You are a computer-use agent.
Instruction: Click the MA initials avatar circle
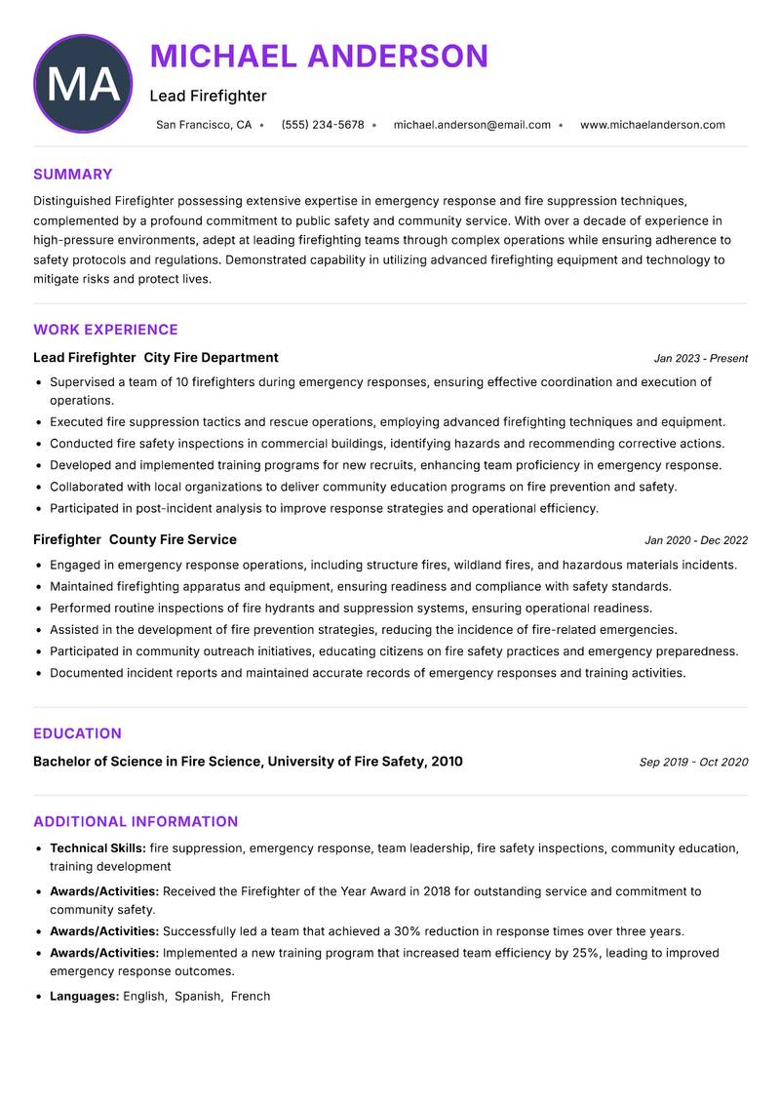[x=83, y=84]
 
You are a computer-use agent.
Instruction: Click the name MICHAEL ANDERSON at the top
[x=319, y=56]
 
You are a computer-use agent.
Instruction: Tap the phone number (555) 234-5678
[x=323, y=125]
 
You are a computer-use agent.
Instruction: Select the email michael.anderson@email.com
[x=472, y=125]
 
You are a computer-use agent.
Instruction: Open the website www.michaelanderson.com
[x=652, y=125]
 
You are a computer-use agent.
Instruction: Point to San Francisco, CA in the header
[x=204, y=125]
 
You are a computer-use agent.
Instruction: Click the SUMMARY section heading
[x=73, y=175]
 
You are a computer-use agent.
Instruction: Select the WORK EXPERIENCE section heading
[x=105, y=330]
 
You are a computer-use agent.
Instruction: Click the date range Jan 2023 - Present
[x=700, y=359]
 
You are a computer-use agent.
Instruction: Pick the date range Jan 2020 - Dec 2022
[x=696, y=540]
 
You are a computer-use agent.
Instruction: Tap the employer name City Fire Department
[x=211, y=358]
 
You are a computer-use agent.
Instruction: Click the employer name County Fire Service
[x=173, y=539]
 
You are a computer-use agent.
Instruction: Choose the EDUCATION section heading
[x=77, y=733]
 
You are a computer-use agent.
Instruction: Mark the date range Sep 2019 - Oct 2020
[x=693, y=763]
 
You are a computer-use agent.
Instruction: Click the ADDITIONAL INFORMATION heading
[x=136, y=821]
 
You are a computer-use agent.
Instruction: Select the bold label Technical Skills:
[x=97, y=848]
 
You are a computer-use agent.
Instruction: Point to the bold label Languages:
[x=85, y=997]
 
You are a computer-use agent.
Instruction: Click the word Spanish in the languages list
[x=197, y=997]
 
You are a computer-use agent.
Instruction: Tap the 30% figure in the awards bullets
[x=407, y=931]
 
